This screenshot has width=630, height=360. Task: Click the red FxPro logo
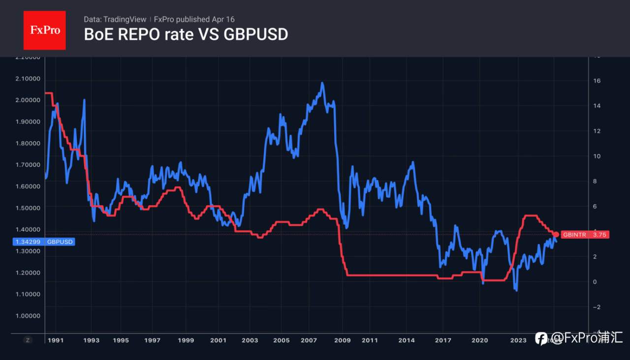pyautogui.click(x=44, y=30)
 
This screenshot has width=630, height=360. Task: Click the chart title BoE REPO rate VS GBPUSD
pyautogui.click(x=186, y=34)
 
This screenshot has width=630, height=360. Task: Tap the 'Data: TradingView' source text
pyautogui.click(x=115, y=19)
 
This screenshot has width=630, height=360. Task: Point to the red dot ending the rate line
pyautogui.click(x=556, y=235)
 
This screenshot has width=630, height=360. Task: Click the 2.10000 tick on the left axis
pyautogui.click(x=27, y=79)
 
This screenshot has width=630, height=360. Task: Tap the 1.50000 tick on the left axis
pyautogui.click(x=27, y=208)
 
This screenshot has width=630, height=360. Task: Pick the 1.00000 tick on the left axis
pyautogui.click(x=27, y=316)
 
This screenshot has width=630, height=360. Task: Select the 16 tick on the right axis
pyautogui.click(x=595, y=81)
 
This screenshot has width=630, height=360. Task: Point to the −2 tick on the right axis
pyautogui.click(x=595, y=307)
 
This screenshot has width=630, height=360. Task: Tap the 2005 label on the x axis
pyautogui.click(x=282, y=340)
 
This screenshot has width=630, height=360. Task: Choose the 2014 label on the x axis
pyautogui.click(x=407, y=340)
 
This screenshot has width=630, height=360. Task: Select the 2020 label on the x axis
pyautogui.click(x=479, y=340)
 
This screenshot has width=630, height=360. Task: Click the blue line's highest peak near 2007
pyautogui.click(x=322, y=83)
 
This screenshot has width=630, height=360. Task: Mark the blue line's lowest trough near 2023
pyautogui.click(x=516, y=290)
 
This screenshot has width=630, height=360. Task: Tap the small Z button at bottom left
pyautogui.click(x=28, y=340)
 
